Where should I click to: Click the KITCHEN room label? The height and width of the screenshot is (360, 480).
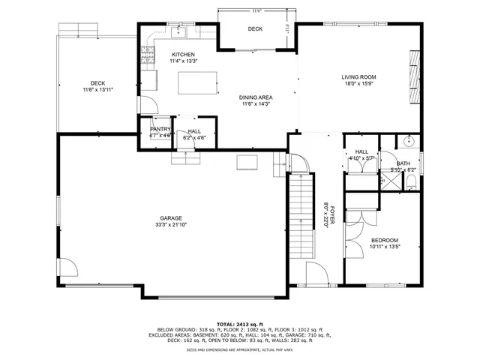tap(183, 55)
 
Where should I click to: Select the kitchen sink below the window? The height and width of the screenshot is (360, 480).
tap(180, 32)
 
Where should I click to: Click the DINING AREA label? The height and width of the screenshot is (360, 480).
tap(256, 97)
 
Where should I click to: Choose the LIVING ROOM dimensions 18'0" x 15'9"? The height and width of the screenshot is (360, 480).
tap(358, 84)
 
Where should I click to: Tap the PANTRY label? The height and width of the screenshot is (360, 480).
tap(160, 130)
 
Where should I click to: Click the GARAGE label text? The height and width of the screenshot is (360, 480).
tap(170, 218)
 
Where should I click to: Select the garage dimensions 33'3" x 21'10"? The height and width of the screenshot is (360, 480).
tap(170, 226)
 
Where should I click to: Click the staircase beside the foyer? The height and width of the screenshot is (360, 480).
tap(300, 202)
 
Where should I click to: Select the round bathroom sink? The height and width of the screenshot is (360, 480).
tap(409, 140)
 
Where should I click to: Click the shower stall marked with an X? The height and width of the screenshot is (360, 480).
tap(388, 181)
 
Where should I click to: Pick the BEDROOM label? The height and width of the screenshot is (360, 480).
tap(385, 240)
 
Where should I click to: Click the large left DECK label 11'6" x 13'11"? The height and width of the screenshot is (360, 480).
tap(98, 83)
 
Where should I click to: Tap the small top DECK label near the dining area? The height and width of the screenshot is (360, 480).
tap(255, 28)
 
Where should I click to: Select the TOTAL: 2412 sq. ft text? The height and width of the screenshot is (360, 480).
tap(241, 323)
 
